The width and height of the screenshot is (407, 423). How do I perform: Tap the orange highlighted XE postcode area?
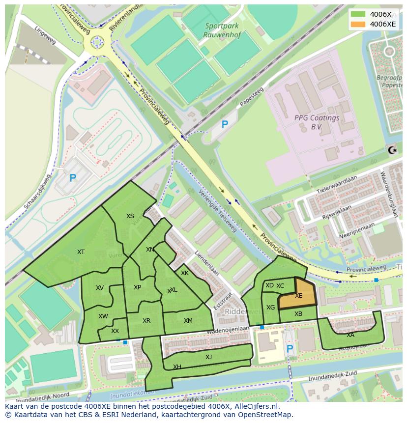[x=297, y=295]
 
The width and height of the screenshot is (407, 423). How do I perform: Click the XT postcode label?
[x=81, y=252]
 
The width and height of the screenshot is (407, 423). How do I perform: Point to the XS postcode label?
[x=130, y=216]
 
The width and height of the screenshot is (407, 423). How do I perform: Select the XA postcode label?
[x=350, y=335]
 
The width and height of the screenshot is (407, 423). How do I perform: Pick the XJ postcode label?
[x=208, y=357]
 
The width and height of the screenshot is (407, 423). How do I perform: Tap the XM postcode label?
[x=188, y=321]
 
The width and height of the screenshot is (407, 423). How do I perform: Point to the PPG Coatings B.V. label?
[x=317, y=122]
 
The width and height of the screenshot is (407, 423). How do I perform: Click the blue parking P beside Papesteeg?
[x=225, y=125]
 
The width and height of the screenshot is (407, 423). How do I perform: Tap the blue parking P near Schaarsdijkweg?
[x=73, y=178]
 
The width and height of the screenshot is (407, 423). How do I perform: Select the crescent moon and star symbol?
[x=392, y=150]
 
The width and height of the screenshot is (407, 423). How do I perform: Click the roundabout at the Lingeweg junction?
[x=97, y=43]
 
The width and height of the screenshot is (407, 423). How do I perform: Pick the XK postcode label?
[x=185, y=273]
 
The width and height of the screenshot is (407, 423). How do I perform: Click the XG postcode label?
[x=270, y=308]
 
